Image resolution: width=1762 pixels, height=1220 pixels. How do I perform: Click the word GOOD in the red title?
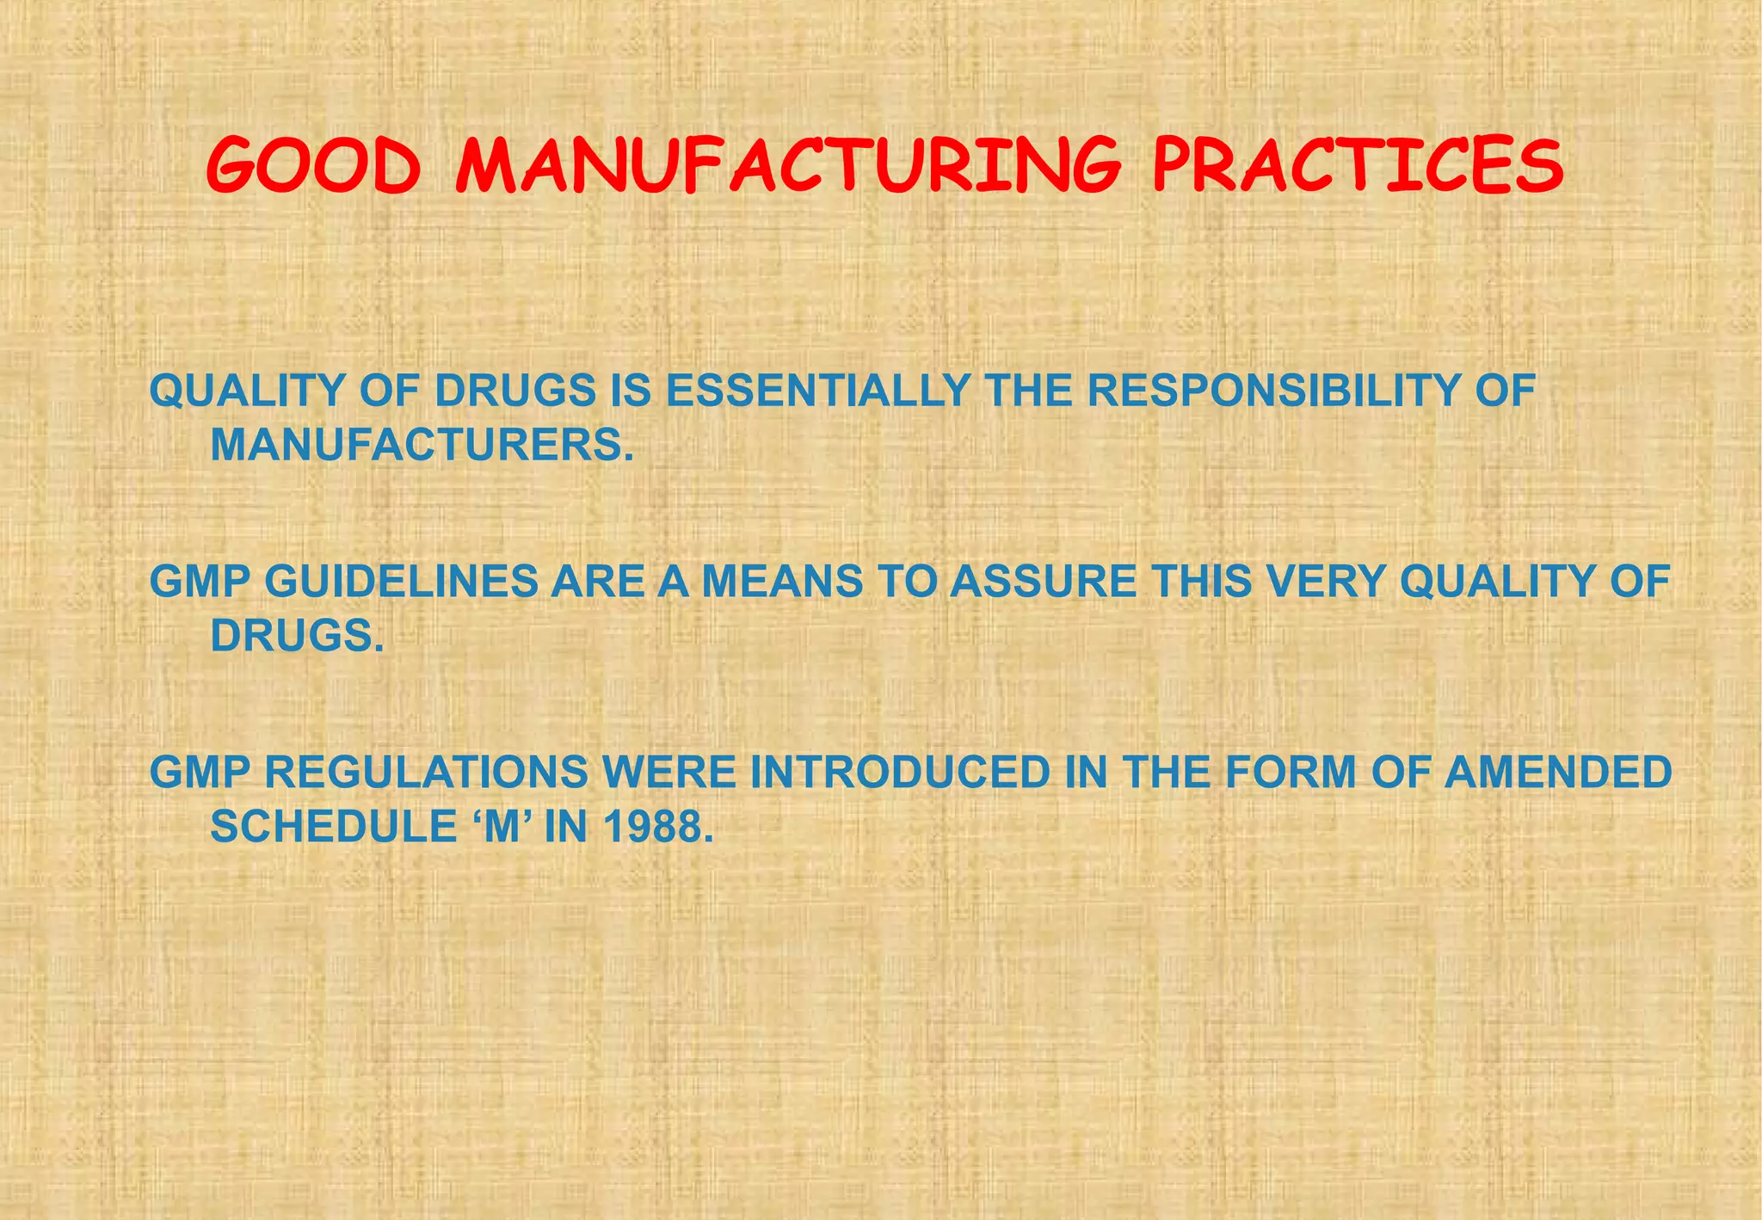coord(313,167)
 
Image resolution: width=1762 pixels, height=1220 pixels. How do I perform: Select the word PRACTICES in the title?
coord(1358,167)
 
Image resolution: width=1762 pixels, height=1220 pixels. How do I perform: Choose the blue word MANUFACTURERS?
coord(421,446)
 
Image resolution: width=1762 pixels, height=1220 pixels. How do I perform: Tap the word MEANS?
coord(782,582)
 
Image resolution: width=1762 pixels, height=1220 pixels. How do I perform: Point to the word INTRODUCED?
coord(900,773)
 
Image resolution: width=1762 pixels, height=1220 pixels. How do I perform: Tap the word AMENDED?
coord(1557,773)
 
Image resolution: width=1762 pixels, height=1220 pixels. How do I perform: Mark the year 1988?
coord(658,828)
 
